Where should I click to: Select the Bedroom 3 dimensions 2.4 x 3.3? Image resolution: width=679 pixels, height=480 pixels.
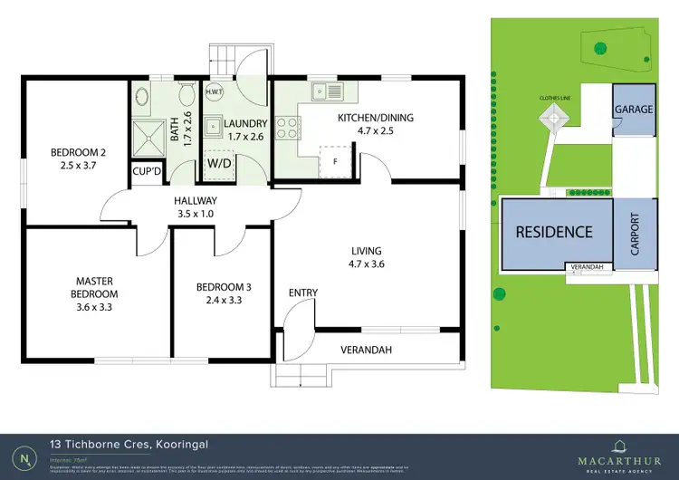[224, 301]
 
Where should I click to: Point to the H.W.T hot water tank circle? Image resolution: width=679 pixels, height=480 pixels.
[215, 92]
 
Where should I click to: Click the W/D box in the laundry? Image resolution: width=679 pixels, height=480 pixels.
[219, 164]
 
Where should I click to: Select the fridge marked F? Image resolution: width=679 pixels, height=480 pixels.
[336, 160]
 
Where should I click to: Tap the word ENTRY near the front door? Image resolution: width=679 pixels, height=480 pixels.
[302, 293]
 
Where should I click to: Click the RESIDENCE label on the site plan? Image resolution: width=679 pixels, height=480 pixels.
[554, 232]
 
